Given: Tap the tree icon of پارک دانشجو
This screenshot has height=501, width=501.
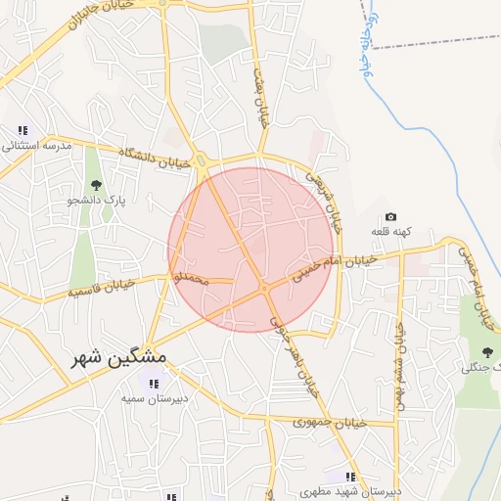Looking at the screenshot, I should pyautogui.click(x=95, y=185).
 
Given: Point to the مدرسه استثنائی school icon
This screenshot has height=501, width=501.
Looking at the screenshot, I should pyautogui.click(x=23, y=130).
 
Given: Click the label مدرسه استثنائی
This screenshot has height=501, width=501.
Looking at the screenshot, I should pyautogui.click(x=38, y=146).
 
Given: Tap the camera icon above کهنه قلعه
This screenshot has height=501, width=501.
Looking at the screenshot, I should pyautogui.click(x=391, y=216).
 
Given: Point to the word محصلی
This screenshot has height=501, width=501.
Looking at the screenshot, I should pyautogui.click(x=192, y=280).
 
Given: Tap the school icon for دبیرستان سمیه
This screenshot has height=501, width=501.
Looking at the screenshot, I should pyautogui.click(x=154, y=383).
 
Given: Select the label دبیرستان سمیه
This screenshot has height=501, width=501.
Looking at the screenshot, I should pyautogui.click(x=155, y=398).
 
